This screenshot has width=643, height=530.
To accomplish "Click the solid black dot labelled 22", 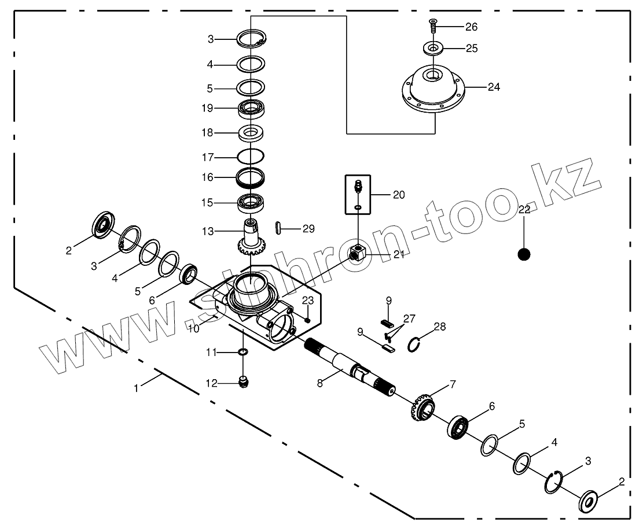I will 524,254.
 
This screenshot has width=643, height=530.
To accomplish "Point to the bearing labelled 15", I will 251,203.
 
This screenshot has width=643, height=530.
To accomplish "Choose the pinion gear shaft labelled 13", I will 251,237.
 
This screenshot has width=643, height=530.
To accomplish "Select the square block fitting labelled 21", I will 357,253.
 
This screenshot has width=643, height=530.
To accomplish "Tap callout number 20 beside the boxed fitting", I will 399,195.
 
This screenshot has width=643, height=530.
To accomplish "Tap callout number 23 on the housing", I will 307,301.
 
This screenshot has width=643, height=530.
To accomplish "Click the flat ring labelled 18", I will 251,133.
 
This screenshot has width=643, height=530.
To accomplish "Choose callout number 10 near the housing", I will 193,328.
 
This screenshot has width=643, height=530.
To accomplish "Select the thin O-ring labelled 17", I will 251,156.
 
